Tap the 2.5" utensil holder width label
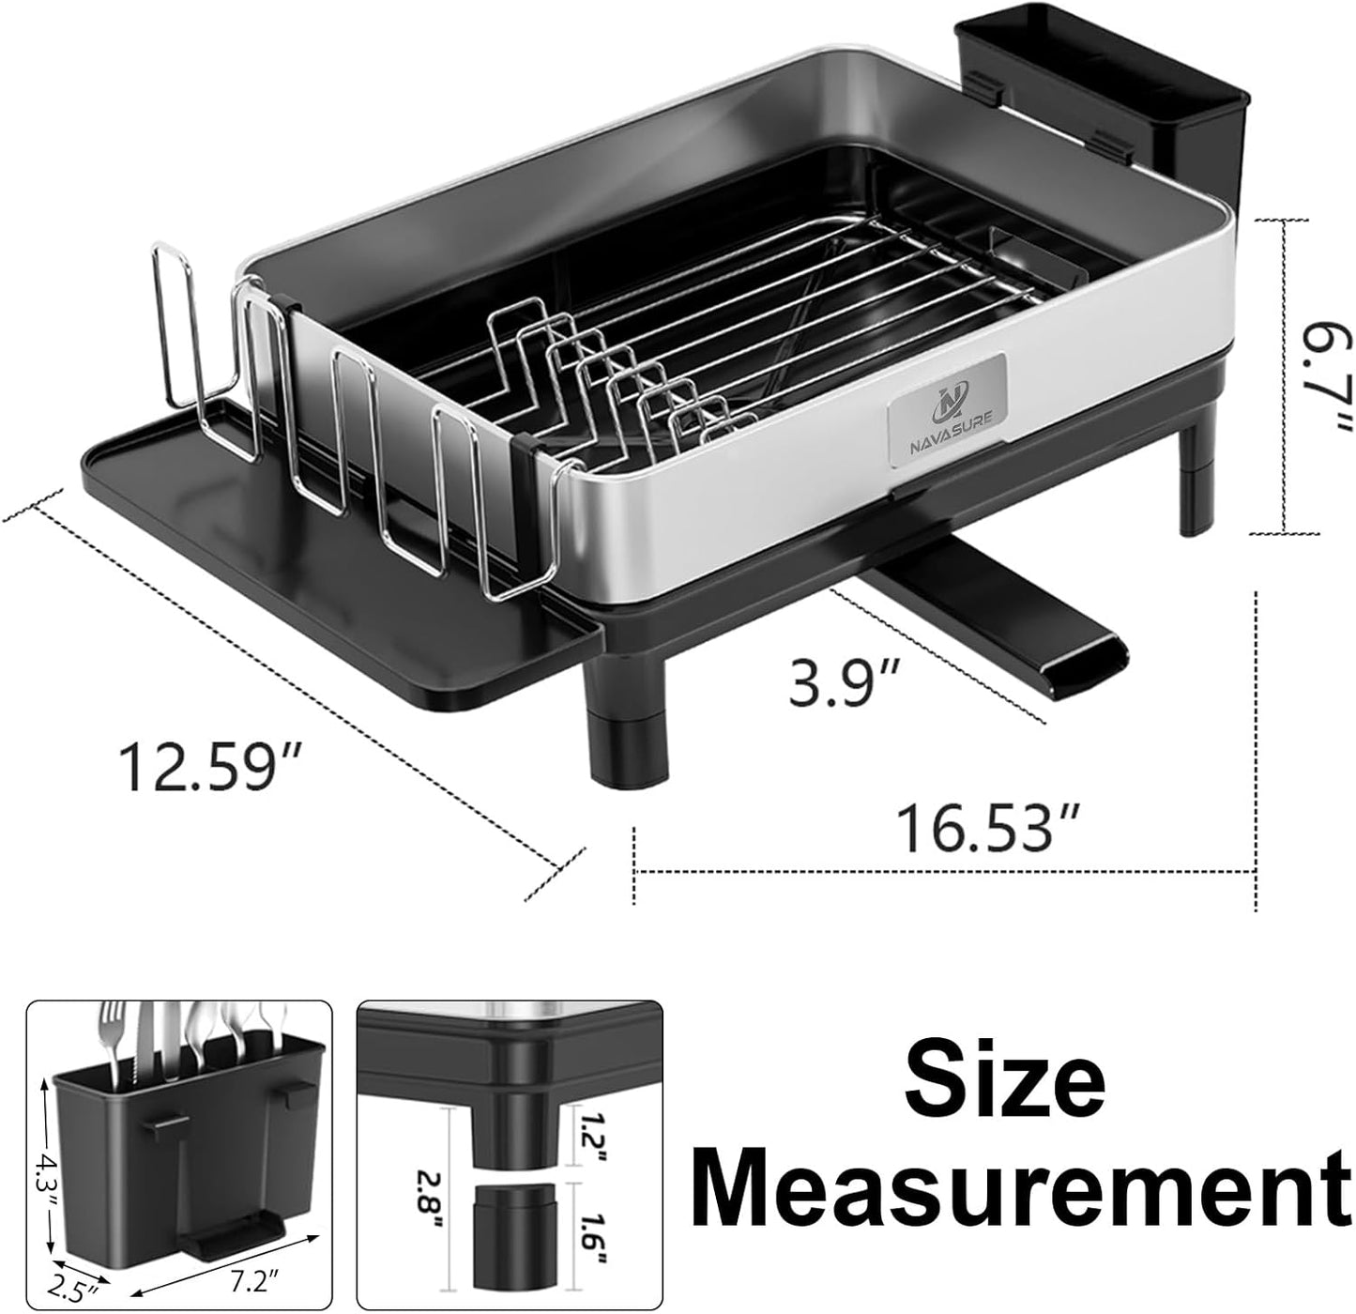pos(75,1294)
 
